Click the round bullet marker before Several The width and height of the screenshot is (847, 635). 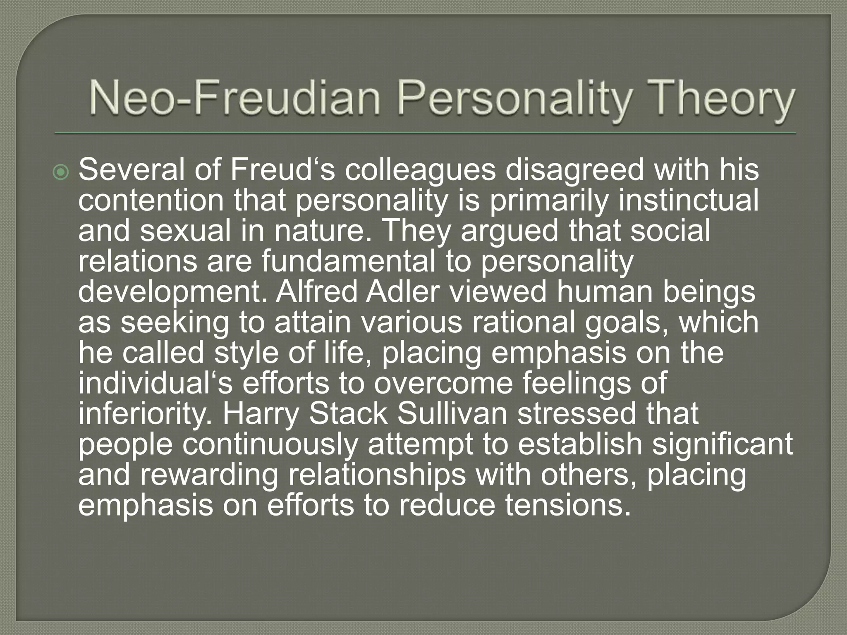[62, 172]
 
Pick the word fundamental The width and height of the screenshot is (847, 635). [349, 261]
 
